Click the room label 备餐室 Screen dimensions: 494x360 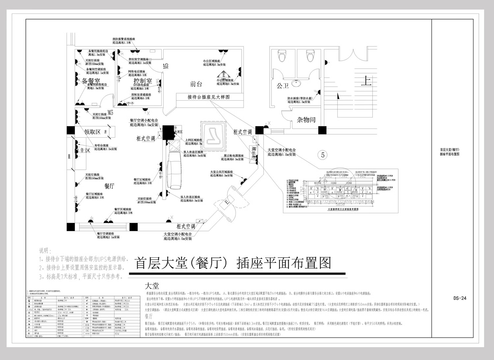[x=91, y=81]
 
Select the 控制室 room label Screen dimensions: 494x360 [x=143, y=81]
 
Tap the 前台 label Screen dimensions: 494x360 [x=196, y=84]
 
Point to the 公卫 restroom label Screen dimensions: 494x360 [x=283, y=86]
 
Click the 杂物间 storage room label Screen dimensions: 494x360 [x=306, y=120]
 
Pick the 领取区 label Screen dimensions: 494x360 [x=93, y=132]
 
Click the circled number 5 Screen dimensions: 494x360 [x=323, y=155]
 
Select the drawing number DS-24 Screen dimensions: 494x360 [x=460, y=298]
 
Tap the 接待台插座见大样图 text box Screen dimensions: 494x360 [x=209, y=97]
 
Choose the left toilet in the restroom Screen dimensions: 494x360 [x=282, y=56]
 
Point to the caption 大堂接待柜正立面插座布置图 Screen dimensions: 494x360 [x=343, y=209]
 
